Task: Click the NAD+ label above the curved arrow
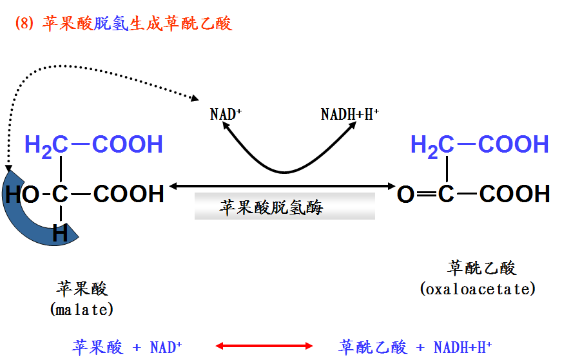(226, 115)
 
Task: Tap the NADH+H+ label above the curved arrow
(349, 115)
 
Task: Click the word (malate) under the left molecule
(82, 310)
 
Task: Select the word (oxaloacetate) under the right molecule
(478, 289)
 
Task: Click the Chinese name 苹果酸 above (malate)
(82, 289)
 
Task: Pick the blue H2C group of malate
(46, 145)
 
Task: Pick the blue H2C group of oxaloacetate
(432, 145)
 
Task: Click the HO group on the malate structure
(22, 194)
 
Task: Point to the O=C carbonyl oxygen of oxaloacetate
(405, 194)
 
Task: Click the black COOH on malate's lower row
(129, 194)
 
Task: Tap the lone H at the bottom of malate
(60, 234)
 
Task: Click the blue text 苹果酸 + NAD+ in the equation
(126, 347)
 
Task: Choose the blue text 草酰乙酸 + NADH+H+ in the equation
(415, 347)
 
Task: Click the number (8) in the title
(24, 24)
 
